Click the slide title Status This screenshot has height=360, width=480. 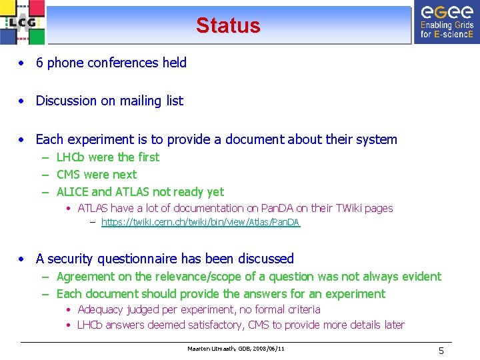coord(228,25)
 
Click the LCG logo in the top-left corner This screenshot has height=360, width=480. coord(23,23)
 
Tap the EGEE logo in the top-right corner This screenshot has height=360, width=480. coord(446,21)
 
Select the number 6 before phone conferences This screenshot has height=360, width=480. coord(39,63)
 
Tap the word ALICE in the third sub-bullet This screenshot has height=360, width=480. coord(72,192)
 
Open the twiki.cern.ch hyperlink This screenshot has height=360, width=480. coord(200,222)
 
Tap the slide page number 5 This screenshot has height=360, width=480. coord(441,350)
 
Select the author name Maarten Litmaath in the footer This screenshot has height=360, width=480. coord(209,349)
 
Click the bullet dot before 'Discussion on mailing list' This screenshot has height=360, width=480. coord(23,101)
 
